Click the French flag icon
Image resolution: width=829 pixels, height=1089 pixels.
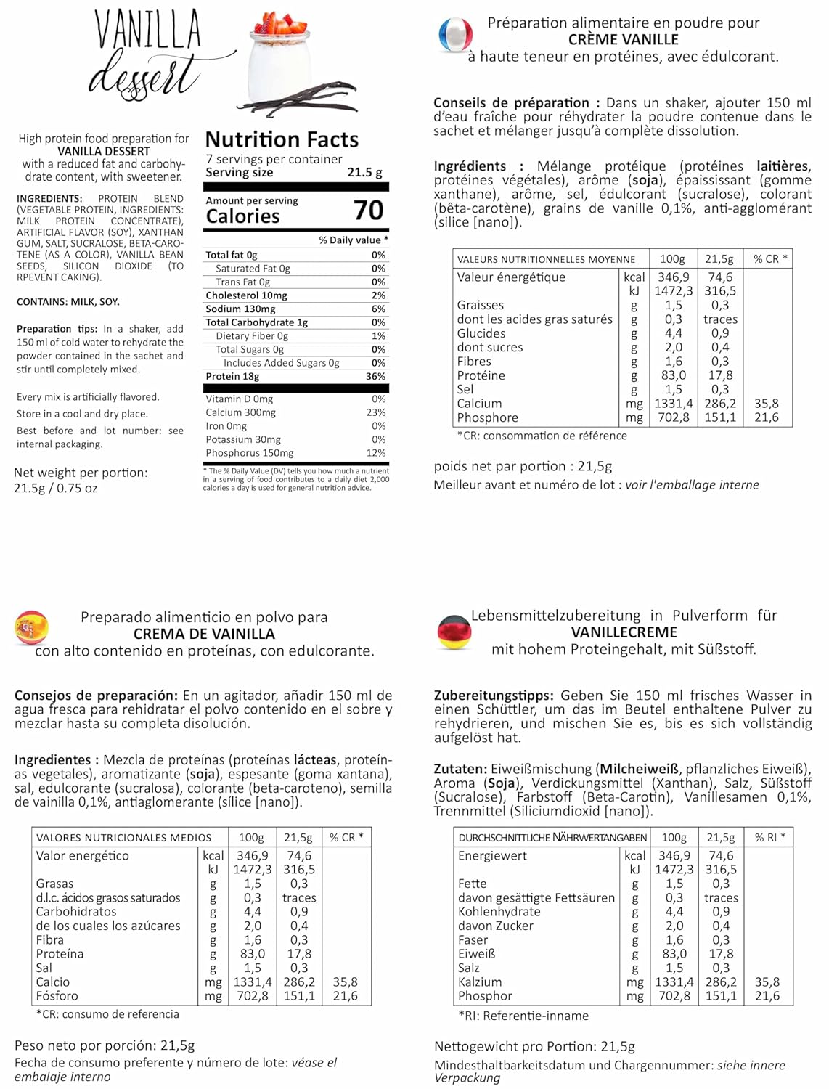coord(455,35)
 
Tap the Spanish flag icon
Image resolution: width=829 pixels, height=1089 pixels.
coord(31,628)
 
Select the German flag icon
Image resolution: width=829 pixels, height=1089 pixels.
coord(455,632)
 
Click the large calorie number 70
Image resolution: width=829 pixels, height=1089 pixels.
coord(368,211)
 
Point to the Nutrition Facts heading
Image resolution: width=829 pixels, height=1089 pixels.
coord(282,139)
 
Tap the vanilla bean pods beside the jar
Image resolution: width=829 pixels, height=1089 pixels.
coord(305,102)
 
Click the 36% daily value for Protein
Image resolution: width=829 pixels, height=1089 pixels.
coord(375,376)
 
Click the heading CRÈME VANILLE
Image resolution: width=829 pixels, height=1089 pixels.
coord(623,40)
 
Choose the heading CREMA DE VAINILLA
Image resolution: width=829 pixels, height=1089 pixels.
coord(204,634)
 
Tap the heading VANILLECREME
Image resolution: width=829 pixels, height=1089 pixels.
coord(624,632)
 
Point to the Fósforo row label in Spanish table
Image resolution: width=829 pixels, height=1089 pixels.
coord(57,996)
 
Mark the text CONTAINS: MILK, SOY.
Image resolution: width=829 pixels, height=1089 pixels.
coord(68,302)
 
